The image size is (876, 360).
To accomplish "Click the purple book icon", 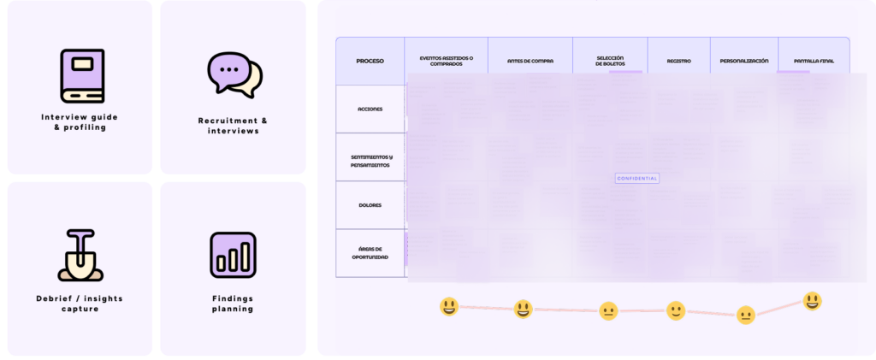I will [82, 76].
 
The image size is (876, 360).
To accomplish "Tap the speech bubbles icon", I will [234, 75].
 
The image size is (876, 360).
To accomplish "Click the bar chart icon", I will [234, 255].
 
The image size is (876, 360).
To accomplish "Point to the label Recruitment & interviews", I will [234, 126].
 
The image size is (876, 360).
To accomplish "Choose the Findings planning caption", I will [233, 304].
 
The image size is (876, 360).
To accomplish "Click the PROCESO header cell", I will [370, 61].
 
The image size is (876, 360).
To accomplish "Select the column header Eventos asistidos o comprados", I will [446, 61].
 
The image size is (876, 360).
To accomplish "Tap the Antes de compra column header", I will [530, 61].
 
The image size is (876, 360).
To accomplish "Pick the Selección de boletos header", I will [610, 61].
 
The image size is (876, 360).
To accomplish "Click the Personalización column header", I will [744, 61].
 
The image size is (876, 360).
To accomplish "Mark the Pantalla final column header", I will [814, 61].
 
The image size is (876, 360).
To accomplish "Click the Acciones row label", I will [370, 109].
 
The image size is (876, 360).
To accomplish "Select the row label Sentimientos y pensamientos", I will [370, 161].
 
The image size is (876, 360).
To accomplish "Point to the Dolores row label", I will [370, 205].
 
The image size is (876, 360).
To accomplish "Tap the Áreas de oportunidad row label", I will [370, 252].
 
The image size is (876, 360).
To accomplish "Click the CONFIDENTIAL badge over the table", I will [637, 178].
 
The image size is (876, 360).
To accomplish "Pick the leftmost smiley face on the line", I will [449, 306].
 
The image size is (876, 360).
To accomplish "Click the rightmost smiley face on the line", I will [812, 301].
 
